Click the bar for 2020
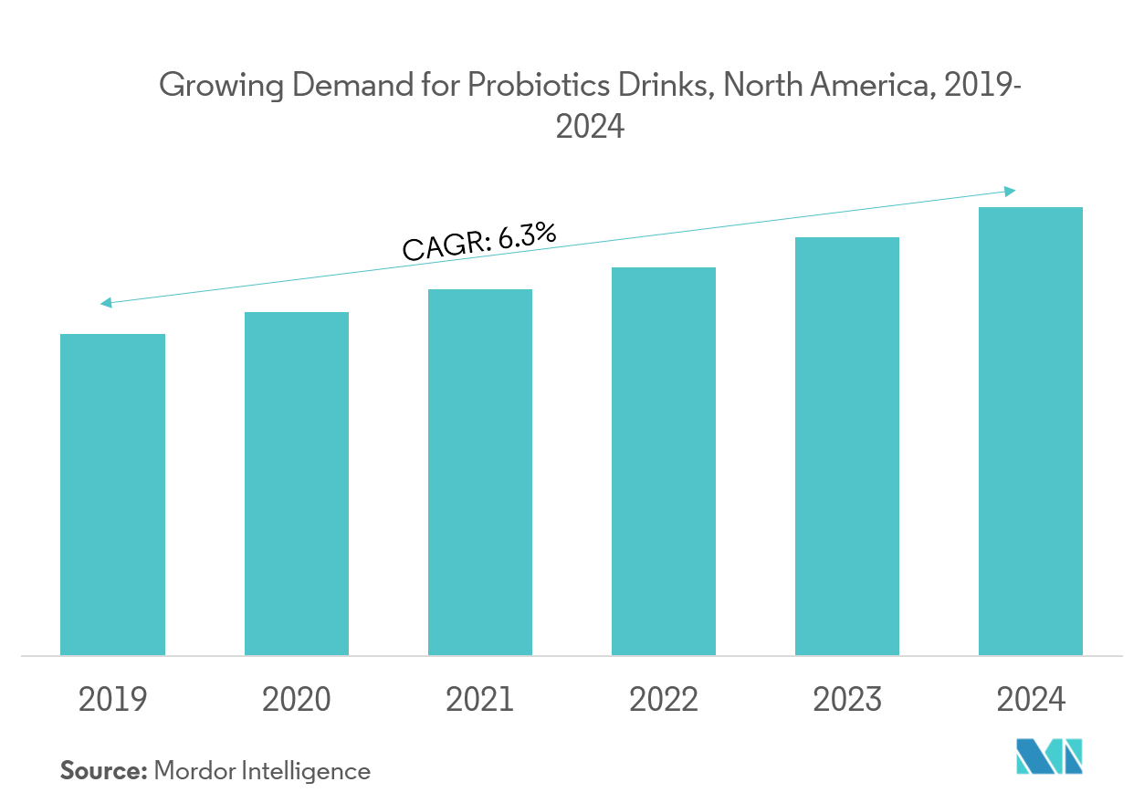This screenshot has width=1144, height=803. click(x=297, y=484)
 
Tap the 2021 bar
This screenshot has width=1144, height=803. click(x=480, y=471)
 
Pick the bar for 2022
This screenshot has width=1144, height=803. click(x=664, y=462)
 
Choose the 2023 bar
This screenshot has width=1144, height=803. click(x=847, y=446)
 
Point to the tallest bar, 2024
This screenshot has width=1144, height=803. click(x=1031, y=438)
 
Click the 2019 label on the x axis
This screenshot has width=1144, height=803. click(x=112, y=700)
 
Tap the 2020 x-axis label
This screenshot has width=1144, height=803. click(x=297, y=700)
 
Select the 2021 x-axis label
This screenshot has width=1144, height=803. click(x=480, y=700)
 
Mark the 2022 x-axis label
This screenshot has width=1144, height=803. click(x=664, y=700)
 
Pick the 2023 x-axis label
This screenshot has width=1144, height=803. click(x=847, y=700)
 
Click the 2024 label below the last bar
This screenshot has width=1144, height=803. click(x=1031, y=700)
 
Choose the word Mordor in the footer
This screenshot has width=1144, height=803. click(x=194, y=771)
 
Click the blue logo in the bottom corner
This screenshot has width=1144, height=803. click(x=1049, y=757)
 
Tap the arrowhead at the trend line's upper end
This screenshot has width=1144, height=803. click(x=1011, y=190)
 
